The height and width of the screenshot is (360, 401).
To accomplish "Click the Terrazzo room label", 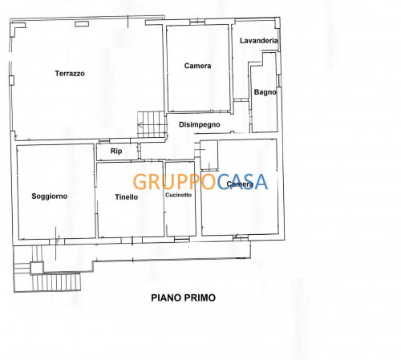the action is (70, 74).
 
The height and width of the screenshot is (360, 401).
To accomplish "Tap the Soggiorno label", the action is (50, 196).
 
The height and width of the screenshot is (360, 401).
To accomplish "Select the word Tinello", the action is (127, 197).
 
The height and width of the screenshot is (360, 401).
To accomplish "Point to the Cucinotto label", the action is (178, 195).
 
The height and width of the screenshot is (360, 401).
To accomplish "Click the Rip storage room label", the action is (116, 151).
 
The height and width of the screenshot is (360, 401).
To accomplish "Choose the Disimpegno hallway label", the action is (200, 124).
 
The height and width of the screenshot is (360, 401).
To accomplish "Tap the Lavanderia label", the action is (259, 41).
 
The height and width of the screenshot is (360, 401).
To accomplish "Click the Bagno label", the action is (265, 92).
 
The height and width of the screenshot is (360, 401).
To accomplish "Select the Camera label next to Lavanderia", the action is (197, 66).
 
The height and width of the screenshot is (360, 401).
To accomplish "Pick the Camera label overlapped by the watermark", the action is (240, 184).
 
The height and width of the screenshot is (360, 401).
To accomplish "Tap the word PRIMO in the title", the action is (199, 297).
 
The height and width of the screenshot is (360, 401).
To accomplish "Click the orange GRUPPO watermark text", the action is (175, 182).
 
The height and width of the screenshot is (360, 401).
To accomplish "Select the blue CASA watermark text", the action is (242, 182).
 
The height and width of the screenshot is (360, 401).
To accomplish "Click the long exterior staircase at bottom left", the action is (56, 282).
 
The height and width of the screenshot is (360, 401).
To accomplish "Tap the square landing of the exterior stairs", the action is (37, 268).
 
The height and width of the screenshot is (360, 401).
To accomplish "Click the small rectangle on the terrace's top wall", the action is (82, 24).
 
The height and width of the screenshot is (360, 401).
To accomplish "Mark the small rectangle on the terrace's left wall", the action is (11, 80).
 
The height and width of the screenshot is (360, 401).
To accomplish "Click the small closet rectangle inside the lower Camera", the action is (209, 155).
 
